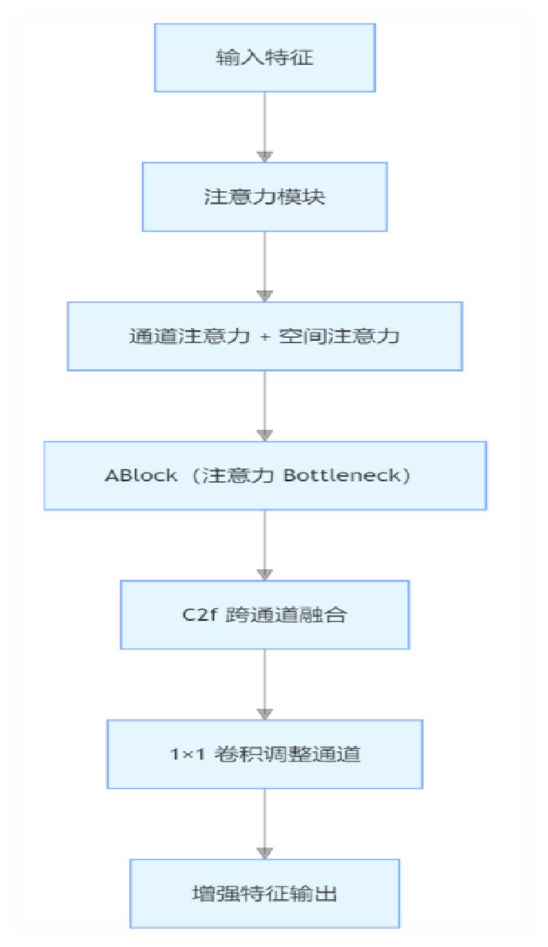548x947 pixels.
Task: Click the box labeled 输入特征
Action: pos(264,58)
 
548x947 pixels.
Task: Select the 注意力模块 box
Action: pos(264,197)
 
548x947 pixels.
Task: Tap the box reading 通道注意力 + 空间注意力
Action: pos(264,336)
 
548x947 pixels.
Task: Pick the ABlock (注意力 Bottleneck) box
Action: pos(264,475)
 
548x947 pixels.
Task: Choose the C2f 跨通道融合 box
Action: pos(264,615)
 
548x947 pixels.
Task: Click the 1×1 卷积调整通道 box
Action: pos(264,753)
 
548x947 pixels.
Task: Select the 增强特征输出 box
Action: pos(264,893)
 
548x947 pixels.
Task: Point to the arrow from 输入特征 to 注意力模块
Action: pos(264,127)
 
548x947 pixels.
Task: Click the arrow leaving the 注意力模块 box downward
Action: pos(264,266)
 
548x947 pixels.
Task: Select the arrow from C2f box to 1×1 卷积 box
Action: pos(264,684)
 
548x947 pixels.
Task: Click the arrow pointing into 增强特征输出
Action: pos(264,824)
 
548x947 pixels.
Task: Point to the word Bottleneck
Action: pos(342,475)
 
